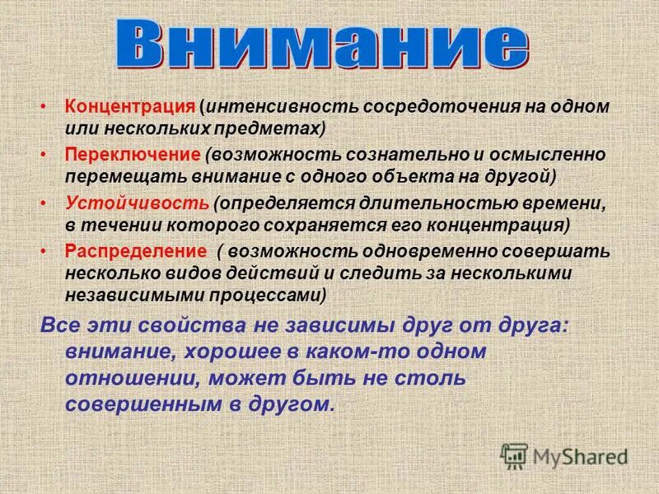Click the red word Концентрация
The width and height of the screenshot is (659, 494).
coord(130,108)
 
